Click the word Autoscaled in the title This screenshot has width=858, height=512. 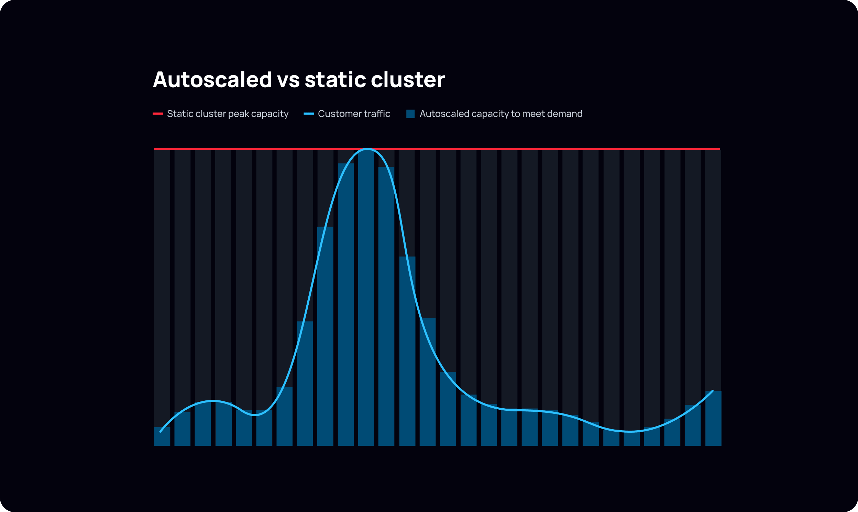[x=212, y=80]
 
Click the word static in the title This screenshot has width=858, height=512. [x=335, y=80]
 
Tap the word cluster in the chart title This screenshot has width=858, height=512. [x=408, y=80]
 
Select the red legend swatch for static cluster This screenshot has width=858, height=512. [x=158, y=114]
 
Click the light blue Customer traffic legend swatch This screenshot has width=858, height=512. [x=309, y=114]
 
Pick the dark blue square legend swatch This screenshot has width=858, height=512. [x=410, y=114]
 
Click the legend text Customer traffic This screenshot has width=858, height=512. [x=354, y=114]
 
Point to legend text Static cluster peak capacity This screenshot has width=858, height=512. [x=228, y=114]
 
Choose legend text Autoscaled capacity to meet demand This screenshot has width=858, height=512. [x=501, y=114]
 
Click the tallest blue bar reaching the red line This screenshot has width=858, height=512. [x=366, y=297]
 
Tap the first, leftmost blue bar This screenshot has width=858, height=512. [x=162, y=436]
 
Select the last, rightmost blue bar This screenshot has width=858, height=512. [x=713, y=418]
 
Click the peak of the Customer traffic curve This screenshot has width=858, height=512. [x=367, y=149]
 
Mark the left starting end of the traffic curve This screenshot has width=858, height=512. [x=161, y=431]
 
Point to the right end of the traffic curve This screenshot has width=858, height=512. [x=712, y=391]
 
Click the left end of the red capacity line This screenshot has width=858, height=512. [x=155, y=149]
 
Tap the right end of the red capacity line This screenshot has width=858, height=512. [x=719, y=149]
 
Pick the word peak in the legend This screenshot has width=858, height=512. [x=239, y=114]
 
